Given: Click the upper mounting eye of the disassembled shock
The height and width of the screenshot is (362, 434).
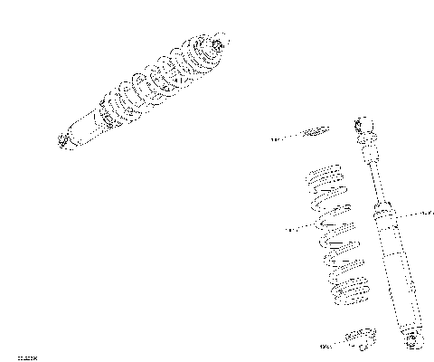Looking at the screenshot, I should pyautogui.click(x=367, y=123).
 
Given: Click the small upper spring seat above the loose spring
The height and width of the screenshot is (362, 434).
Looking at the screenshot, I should pyautogui.click(x=316, y=133).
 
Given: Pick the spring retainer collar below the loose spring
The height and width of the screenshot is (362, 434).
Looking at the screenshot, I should pyautogui.click(x=363, y=339).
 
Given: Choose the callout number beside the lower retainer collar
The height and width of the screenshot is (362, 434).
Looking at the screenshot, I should pyautogui.click(x=326, y=346).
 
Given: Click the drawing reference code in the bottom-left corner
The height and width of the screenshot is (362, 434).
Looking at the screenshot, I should pyautogui.click(x=14, y=356).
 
